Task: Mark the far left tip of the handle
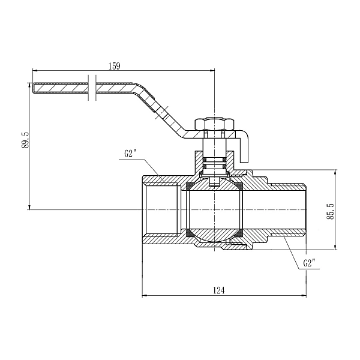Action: coord(34,88)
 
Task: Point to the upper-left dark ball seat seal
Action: coord(190,185)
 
